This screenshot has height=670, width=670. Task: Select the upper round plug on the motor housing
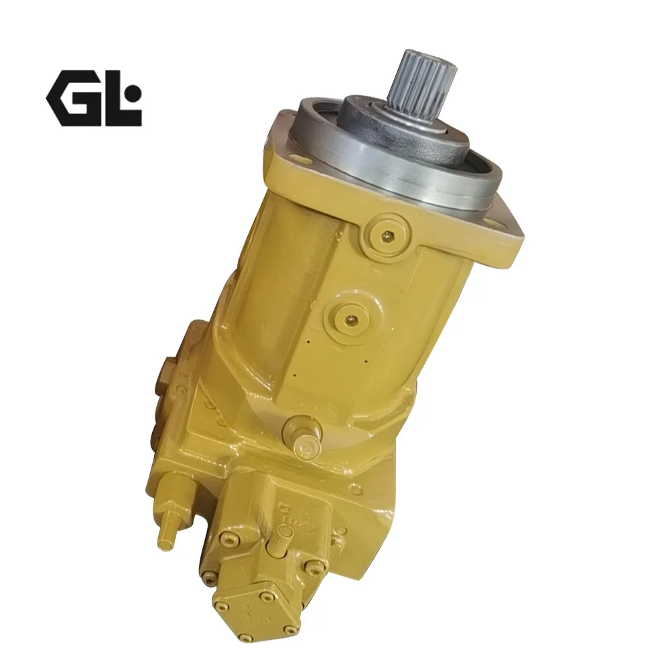(x=387, y=234)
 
